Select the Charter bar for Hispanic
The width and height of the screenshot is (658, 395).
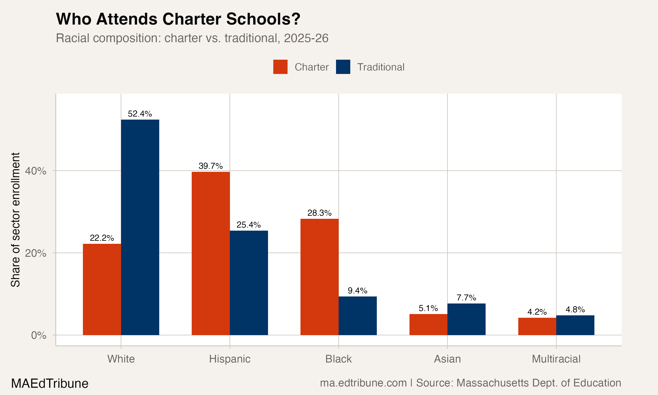211,253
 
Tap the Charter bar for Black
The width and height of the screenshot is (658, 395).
319,277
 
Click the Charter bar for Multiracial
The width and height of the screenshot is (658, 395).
537,326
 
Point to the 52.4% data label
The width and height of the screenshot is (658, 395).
140,114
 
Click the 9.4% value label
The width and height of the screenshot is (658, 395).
358,291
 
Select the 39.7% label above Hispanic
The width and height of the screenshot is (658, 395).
211,166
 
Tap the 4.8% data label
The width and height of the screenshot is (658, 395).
575,310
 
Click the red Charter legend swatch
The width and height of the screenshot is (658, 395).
280,67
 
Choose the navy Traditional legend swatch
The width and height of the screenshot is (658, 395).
343,67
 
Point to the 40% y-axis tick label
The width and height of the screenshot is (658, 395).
36,171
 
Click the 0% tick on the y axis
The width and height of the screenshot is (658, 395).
39,335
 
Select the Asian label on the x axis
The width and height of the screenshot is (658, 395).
447,359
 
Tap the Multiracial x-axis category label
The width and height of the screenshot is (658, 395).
556,359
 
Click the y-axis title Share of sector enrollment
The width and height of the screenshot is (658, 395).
15,220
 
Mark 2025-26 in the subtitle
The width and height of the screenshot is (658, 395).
306,38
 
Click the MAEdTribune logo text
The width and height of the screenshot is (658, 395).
50,384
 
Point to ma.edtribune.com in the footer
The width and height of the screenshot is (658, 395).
363,383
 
